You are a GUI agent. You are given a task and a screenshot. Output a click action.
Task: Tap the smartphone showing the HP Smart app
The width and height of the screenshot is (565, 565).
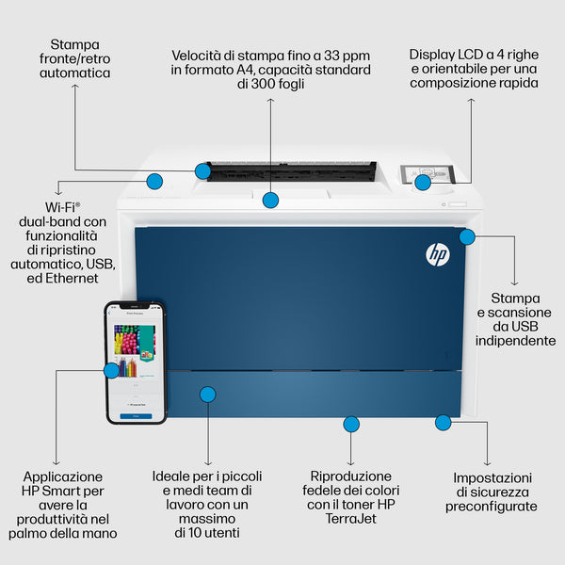[136, 363]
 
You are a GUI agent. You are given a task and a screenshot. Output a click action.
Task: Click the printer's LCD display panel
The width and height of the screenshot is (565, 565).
[426, 175]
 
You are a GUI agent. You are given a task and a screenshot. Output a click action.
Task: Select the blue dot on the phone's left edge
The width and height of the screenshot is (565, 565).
[111, 370]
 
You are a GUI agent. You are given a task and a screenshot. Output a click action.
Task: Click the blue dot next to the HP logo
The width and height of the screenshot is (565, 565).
[467, 235]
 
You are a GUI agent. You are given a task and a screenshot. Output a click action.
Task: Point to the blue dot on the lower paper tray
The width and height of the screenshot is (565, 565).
[208, 394]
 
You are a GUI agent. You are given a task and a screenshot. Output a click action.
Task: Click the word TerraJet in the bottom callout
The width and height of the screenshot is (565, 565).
[351, 519]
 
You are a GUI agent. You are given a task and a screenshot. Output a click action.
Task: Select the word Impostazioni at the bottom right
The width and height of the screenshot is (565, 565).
[492, 477]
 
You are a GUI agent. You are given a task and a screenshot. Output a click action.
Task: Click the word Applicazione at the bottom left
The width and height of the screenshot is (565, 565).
[62, 476]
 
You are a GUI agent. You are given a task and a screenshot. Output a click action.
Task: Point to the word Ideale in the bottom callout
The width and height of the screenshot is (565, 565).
[174, 476]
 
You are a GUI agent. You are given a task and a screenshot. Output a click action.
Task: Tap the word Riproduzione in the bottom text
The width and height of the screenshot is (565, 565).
[351, 476]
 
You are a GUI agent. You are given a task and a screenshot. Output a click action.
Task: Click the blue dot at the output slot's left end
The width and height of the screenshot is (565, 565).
[202, 170]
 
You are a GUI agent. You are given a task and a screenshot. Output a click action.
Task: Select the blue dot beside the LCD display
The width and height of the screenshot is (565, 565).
[423, 182]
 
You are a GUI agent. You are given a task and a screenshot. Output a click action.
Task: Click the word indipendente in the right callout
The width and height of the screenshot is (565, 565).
[515, 340]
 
